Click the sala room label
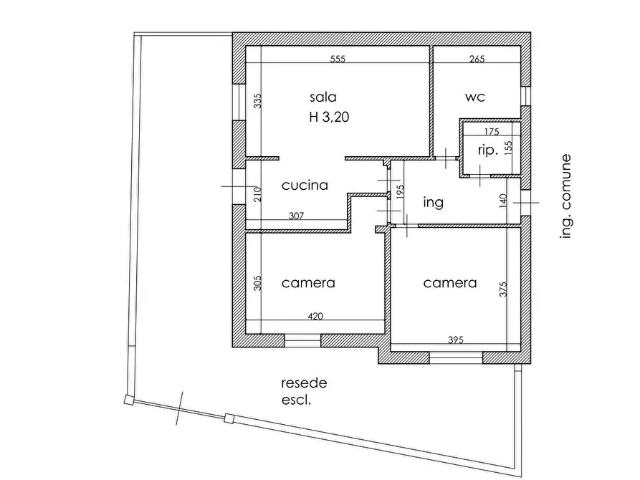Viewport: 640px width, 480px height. point(323,97)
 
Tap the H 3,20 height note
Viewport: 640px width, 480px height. point(329,117)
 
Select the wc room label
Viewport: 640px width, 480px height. point(475,97)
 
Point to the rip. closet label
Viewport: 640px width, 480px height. point(488,150)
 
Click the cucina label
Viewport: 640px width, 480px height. point(305,186)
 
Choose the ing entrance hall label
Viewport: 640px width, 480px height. point(434,203)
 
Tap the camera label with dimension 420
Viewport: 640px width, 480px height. point(308,283)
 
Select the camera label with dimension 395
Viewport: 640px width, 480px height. point(450,283)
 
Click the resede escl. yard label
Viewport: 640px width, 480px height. point(304,391)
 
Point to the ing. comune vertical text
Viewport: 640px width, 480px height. point(565,196)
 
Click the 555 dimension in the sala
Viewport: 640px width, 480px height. point(338,59)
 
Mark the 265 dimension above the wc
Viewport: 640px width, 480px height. point(477,59)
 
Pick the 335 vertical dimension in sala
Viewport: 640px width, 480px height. point(257,101)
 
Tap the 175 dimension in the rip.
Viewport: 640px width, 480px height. point(492,132)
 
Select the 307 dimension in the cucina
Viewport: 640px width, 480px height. point(296,216)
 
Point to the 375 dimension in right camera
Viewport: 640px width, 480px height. point(503,289)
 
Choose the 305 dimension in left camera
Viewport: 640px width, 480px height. point(257,283)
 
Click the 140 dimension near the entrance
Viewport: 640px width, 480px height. point(503,201)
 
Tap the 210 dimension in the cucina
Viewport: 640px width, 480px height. point(257,194)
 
